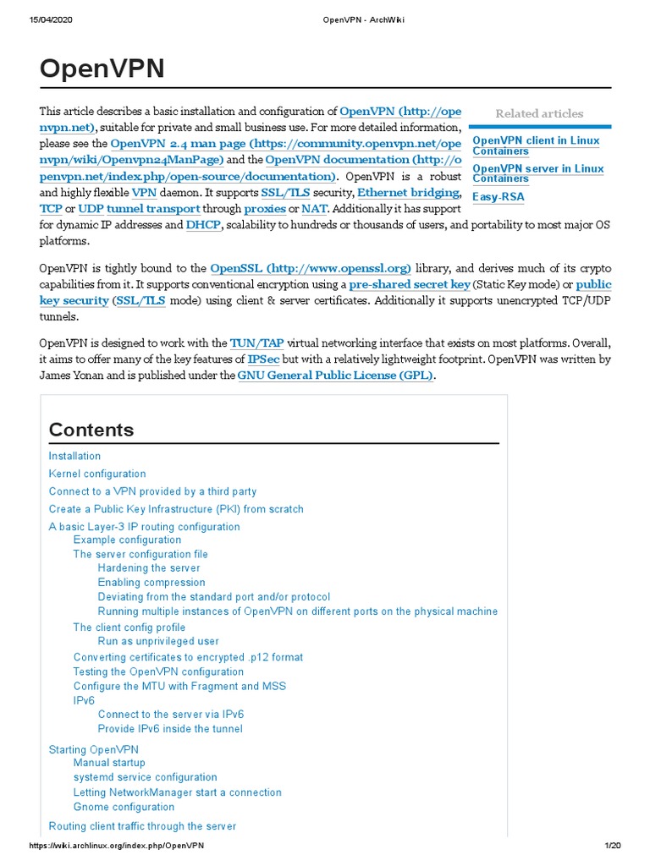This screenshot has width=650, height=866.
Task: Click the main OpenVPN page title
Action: click(102, 69)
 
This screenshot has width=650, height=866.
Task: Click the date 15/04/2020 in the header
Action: click(50, 20)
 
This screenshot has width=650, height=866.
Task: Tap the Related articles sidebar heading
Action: click(539, 113)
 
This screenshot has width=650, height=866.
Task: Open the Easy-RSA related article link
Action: click(498, 197)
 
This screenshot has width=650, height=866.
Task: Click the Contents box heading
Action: click(91, 430)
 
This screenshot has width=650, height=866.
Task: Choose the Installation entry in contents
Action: click(74, 456)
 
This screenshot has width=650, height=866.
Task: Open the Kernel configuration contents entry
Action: click(97, 474)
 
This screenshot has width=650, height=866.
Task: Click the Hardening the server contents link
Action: click(149, 568)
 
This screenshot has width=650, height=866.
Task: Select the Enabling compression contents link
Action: click(151, 583)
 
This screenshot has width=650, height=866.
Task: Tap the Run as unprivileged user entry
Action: click(158, 641)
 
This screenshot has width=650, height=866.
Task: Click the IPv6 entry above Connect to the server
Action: click(84, 701)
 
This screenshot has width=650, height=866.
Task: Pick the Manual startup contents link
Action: click(109, 763)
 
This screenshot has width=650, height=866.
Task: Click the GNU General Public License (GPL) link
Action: click(336, 375)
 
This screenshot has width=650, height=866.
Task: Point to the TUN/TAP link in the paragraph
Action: click(257, 343)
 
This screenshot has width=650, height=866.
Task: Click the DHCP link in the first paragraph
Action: click(202, 225)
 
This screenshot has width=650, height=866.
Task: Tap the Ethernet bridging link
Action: click(409, 193)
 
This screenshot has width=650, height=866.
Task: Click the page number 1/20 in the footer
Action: click(613, 846)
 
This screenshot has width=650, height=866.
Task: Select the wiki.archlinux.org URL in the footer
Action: click(117, 846)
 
